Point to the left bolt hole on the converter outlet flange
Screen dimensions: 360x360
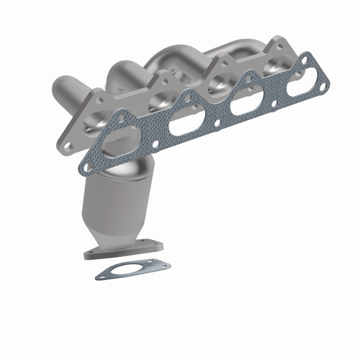[x=94, y=253]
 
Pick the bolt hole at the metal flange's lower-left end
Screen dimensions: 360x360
[x=68, y=145]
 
